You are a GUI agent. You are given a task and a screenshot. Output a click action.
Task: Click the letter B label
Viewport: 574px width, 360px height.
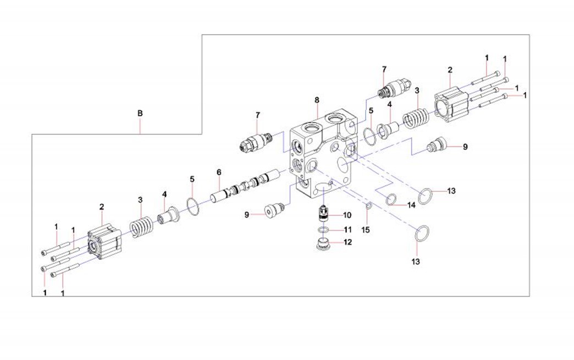[x=140, y=113]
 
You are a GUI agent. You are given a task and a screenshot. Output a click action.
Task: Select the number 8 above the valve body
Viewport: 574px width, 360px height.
[x=317, y=100]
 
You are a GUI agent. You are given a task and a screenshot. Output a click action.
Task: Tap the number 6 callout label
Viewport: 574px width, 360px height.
[x=219, y=172]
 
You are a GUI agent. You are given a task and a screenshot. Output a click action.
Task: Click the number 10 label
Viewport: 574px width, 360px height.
[x=347, y=215]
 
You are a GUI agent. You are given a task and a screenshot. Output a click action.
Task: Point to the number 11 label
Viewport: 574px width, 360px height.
[x=347, y=230]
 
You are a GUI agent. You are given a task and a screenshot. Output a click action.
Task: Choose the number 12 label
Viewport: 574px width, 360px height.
[x=347, y=242]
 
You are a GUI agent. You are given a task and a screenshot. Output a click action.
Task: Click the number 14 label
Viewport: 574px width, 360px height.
[x=411, y=205]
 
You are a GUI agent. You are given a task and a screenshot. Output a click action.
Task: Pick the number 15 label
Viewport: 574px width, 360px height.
[x=366, y=230]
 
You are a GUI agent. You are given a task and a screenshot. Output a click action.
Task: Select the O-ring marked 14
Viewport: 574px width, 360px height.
[x=391, y=199]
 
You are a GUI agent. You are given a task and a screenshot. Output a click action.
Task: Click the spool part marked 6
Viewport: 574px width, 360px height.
[x=245, y=184]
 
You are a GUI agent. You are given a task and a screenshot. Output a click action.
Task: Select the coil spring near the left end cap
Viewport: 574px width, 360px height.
[x=141, y=228]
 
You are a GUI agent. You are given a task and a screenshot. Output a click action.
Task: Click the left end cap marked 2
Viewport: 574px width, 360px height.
[x=104, y=242]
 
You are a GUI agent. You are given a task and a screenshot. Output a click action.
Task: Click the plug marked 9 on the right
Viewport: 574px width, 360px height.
[x=437, y=145]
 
